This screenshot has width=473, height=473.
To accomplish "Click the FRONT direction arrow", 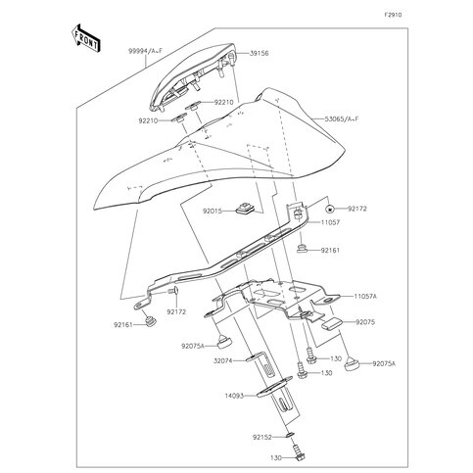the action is pos(85,38).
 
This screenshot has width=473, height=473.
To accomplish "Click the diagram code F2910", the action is pos(393,15).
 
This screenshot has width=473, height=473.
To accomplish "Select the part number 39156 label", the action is pos(260,53).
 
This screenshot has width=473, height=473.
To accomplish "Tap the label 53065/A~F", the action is pos(342,119).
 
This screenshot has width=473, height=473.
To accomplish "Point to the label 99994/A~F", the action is pos(145,51).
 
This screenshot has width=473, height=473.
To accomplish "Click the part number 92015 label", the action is pos(213,212).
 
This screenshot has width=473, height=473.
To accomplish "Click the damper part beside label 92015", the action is pos(245,209).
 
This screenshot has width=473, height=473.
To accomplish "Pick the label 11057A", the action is pos(365,297).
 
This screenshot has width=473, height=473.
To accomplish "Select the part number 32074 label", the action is pos(223,360).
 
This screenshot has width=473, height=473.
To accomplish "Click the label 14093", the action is pos(234,396).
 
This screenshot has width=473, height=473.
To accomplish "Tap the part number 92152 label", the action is pos(261,437).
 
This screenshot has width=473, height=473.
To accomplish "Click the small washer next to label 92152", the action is pos(290,435).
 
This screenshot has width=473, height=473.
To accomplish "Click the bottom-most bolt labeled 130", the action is pos(298,453).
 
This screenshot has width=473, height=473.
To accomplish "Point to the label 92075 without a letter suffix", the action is pos(365,322).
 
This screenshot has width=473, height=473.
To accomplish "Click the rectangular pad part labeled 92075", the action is pos(332,324).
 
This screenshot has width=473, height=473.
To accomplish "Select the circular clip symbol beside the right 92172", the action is pos(330,209).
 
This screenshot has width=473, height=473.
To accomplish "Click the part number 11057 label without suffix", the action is pos(330,222).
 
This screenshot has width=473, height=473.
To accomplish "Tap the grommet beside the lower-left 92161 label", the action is pos(150,321).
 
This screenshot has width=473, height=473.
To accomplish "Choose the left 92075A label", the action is pos(193,346).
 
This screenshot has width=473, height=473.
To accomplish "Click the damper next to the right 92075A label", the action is pos(352,363).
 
